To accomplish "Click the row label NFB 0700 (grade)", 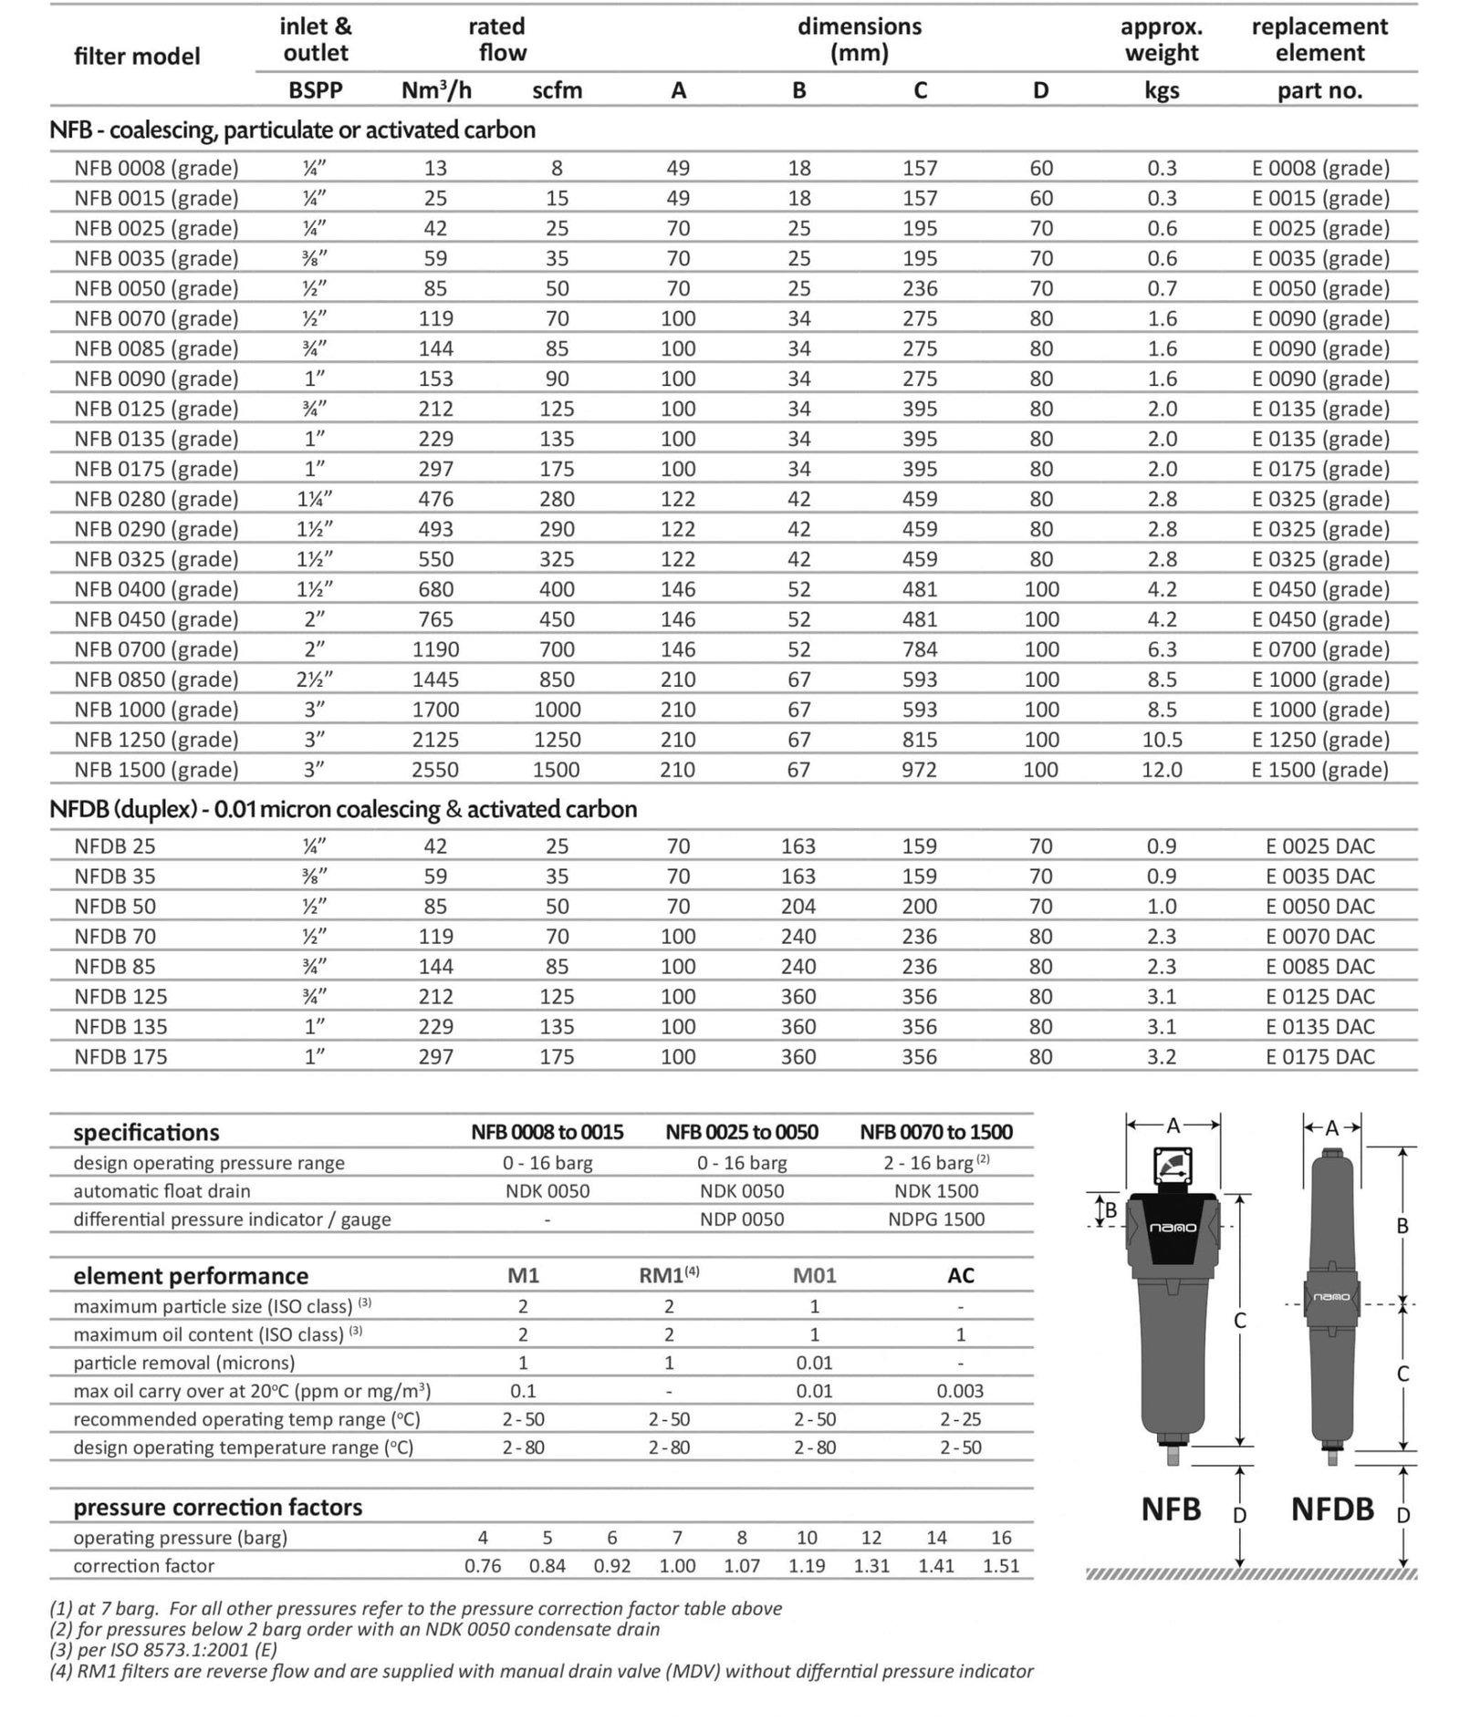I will click(156, 649).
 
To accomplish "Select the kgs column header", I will click(1162, 90).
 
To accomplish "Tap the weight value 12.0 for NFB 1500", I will click(1162, 770).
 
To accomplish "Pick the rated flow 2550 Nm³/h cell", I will click(435, 770).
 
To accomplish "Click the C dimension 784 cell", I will click(920, 649).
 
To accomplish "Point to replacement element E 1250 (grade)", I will click(1320, 740).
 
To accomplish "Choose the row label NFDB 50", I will click(115, 907).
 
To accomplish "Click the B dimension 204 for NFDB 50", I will click(798, 907).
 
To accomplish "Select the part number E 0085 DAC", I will click(1319, 967).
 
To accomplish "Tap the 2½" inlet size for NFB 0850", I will click(315, 679).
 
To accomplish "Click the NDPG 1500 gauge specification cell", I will click(936, 1219).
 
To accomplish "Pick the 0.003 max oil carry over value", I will click(960, 1391).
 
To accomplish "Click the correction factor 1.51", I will click(1001, 1566).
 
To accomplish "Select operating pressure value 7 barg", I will click(677, 1538).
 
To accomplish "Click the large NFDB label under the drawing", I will click(1332, 1509).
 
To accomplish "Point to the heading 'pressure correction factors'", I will click(218, 1507).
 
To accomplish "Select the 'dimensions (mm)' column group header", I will click(859, 39).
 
